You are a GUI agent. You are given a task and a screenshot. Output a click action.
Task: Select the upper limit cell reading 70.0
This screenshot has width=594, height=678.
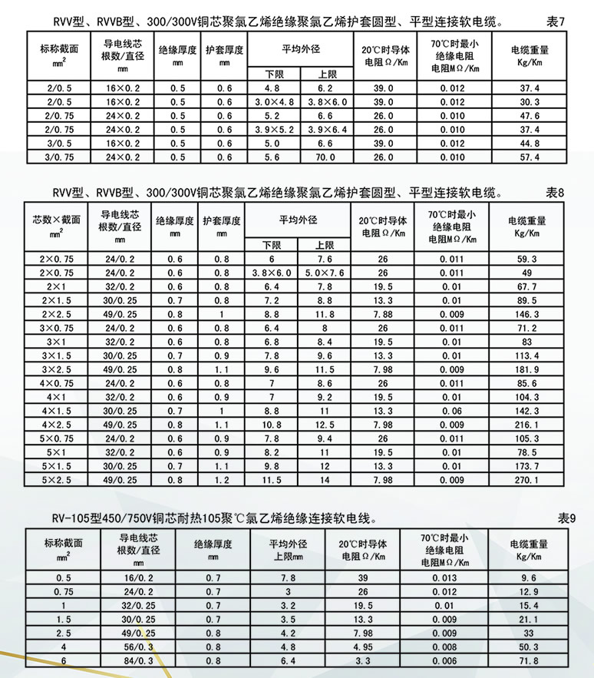(325, 157)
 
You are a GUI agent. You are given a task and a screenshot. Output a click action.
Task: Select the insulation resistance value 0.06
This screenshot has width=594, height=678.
(451, 411)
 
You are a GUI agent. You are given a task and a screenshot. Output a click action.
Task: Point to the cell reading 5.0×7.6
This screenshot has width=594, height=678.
(325, 273)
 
